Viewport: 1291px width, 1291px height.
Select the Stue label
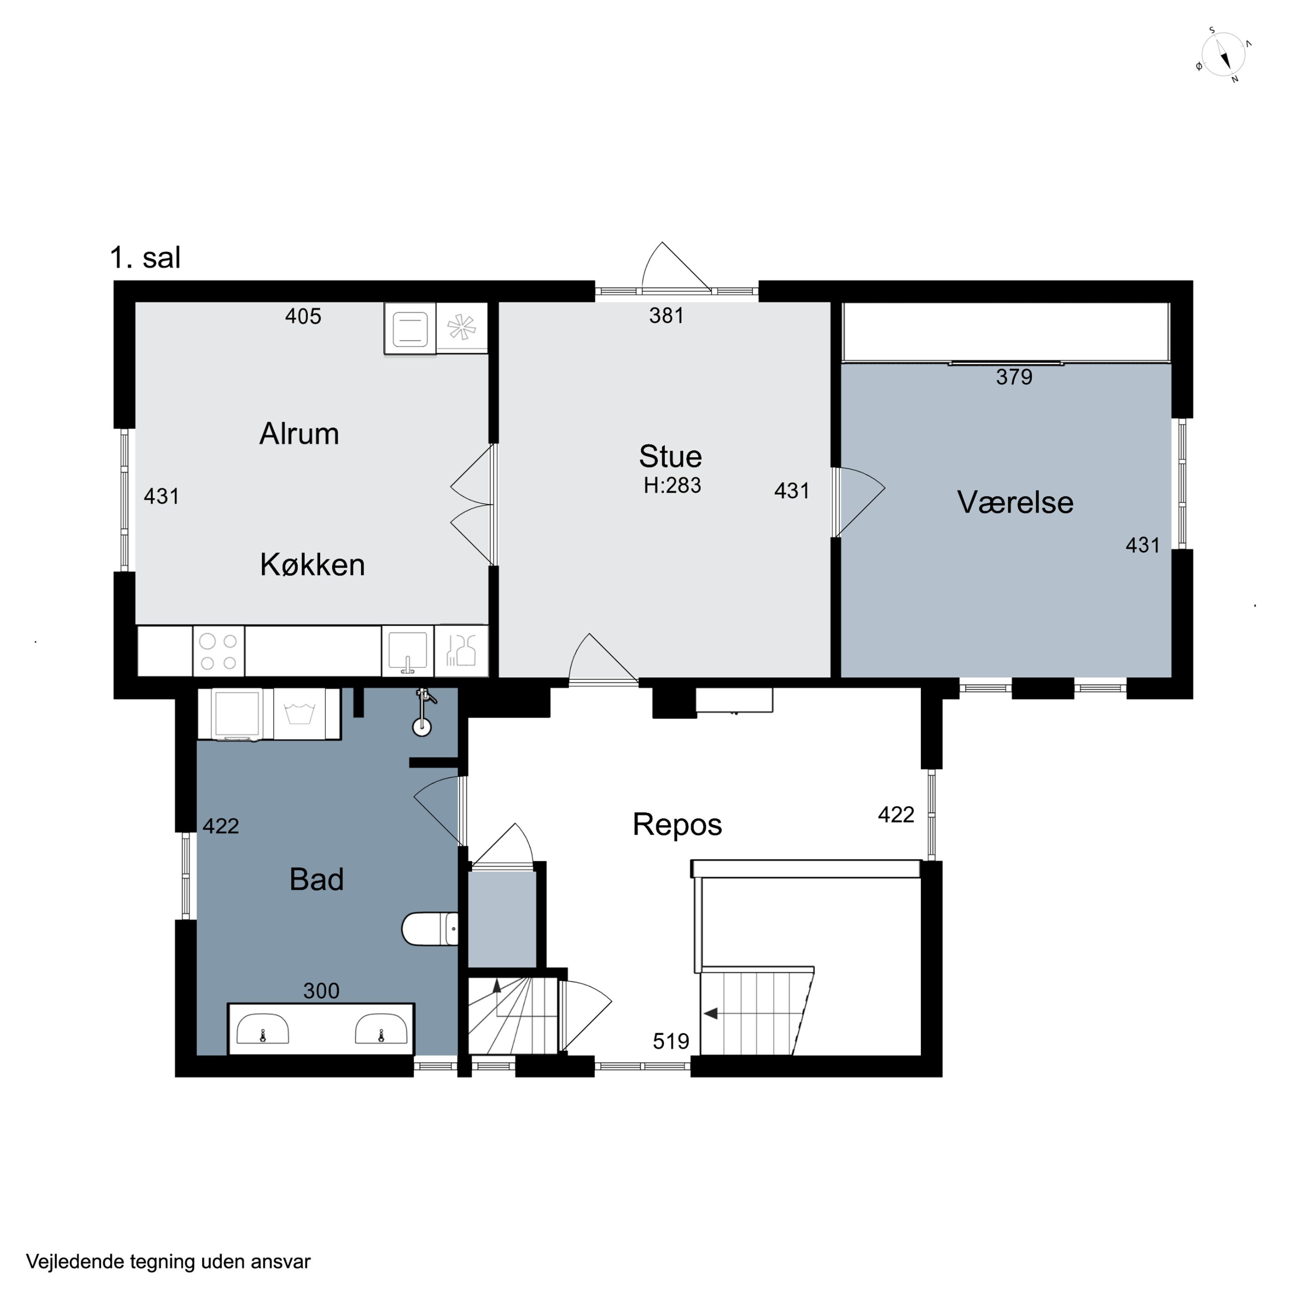click(670, 457)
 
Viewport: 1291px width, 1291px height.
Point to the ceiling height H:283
click(672, 485)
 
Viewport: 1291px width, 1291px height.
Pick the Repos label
click(677, 825)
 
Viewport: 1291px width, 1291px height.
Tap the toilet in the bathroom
click(429, 929)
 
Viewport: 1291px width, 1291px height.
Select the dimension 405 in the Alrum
click(303, 316)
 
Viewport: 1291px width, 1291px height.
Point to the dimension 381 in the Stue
click(666, 315)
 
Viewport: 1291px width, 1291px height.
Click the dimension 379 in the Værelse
click(1014, 377)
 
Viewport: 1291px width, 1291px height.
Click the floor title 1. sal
click(145, 257)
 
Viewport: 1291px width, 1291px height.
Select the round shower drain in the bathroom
click(422, 727)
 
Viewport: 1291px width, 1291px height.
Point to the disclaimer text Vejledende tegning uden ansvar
click(168, 1262)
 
